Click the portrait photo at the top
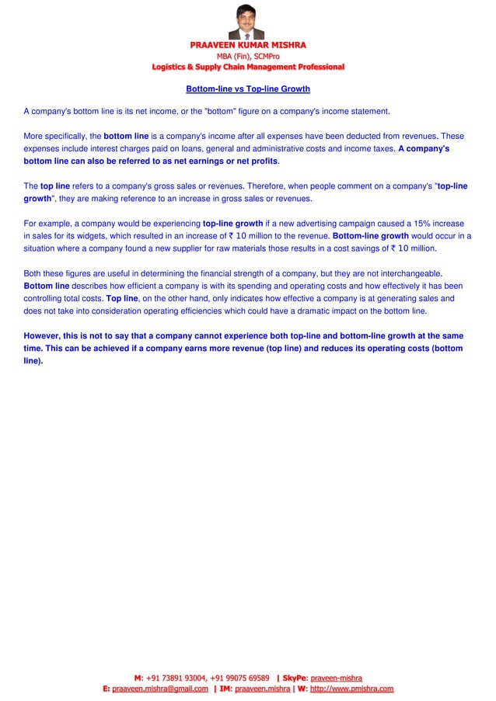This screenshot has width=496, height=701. tap(248, 21)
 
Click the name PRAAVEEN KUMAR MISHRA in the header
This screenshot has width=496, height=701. tap(248, 45)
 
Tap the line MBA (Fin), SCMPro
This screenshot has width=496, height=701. tap(248, 56)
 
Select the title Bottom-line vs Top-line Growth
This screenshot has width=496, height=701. tap(248, 89)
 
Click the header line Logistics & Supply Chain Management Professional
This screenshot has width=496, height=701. tap(248, 68)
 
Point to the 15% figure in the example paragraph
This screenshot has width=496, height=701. tap(442, 224)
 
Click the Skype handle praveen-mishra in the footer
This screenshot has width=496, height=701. tap(334, 677)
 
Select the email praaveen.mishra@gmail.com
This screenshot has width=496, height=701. tap(160, 688)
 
